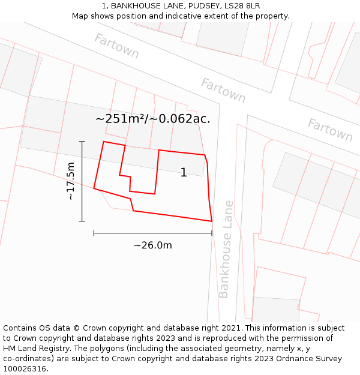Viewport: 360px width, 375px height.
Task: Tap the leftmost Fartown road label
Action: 116,46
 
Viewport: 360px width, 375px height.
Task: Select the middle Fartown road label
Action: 223,90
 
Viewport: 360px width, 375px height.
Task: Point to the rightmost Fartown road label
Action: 330,130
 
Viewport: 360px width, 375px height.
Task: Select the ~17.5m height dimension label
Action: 71,181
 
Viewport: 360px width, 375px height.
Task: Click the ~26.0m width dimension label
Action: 152,245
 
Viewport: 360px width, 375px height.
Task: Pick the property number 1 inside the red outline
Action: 184,173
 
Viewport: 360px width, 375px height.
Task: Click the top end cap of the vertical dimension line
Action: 82,142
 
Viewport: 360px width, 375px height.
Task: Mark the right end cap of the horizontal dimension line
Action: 212,233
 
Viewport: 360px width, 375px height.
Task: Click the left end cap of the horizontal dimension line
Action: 94,233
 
